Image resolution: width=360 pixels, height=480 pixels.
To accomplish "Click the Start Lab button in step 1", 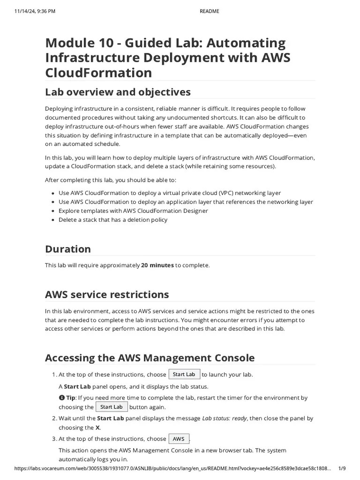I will click(184, 375).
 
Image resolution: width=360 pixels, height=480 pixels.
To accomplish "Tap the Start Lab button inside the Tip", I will click(112, 407).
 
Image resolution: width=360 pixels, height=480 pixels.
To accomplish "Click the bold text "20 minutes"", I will click(157, 265).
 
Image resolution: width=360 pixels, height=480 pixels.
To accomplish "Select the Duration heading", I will click(68, 249).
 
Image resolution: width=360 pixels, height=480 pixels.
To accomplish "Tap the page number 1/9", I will click(342, 469).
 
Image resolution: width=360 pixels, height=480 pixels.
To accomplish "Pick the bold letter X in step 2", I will click(97, 427).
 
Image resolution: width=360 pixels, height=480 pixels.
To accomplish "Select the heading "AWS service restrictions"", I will click(107, 295).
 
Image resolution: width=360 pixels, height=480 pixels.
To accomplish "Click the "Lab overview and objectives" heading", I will click(118, 91).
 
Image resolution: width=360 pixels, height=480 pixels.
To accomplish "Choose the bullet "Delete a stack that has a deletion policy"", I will click(112, 220).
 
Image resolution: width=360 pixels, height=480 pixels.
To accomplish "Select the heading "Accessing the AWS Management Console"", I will click(150, 358).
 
